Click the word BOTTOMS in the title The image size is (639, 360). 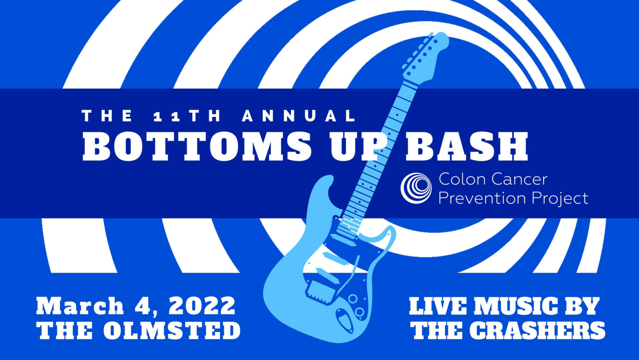197,146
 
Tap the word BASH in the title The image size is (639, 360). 467,146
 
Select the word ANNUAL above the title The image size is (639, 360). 299,116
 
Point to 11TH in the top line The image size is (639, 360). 187,116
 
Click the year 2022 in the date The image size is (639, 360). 202,306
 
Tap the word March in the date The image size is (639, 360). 80,306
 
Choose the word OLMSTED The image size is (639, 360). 172,330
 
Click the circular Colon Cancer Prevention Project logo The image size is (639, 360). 416,188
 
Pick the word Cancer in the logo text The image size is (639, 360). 519,179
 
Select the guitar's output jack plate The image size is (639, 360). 345,320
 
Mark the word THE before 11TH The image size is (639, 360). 107,116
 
